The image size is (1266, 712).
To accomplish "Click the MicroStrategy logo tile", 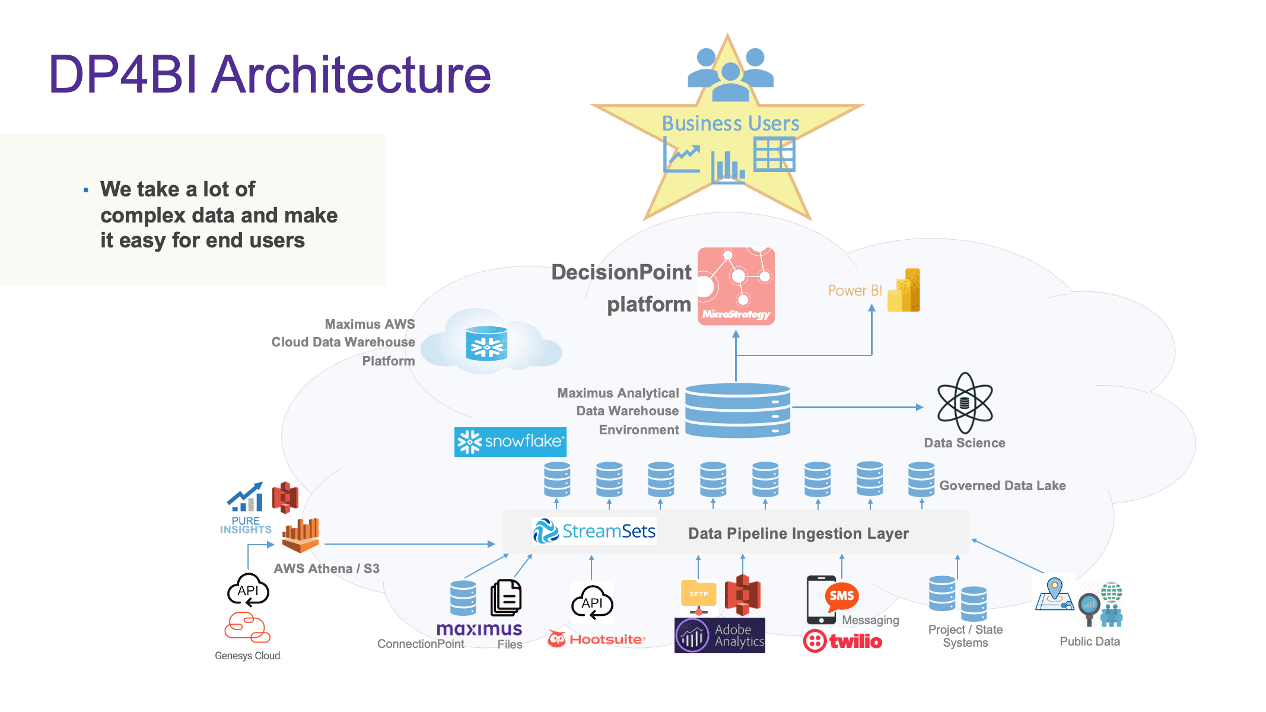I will click(x=736, y=286).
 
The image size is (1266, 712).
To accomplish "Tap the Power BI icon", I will click(x=904, y=290).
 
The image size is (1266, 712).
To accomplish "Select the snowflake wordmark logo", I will click(x=510, y=442).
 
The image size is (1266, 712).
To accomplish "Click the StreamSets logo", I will click(x=594, y=531).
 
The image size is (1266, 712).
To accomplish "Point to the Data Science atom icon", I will click(x=965, y=403).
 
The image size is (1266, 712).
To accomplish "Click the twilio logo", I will click(x=842, y=641).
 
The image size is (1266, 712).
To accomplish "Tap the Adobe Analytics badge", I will click(x=720, y=635).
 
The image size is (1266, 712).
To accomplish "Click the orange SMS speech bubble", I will click(x=841, y=596).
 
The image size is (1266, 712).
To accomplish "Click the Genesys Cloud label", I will click(x=248, y=656).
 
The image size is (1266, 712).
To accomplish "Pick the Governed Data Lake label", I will click(x=1003, y=486).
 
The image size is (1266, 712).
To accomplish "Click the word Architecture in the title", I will click(x=351, y=75).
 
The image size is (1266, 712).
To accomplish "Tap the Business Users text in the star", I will click(x=730, y=123).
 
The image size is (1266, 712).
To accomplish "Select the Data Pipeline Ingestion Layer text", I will click(x=798, y=533).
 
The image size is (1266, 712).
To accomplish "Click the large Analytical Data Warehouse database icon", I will click(x=737, y=410).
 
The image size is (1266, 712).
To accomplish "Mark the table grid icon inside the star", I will click(x=774, y=154).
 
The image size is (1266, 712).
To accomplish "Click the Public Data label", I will click(x=1090, y=641).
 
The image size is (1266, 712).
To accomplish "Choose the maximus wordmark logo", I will click(x=479, y=629).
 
